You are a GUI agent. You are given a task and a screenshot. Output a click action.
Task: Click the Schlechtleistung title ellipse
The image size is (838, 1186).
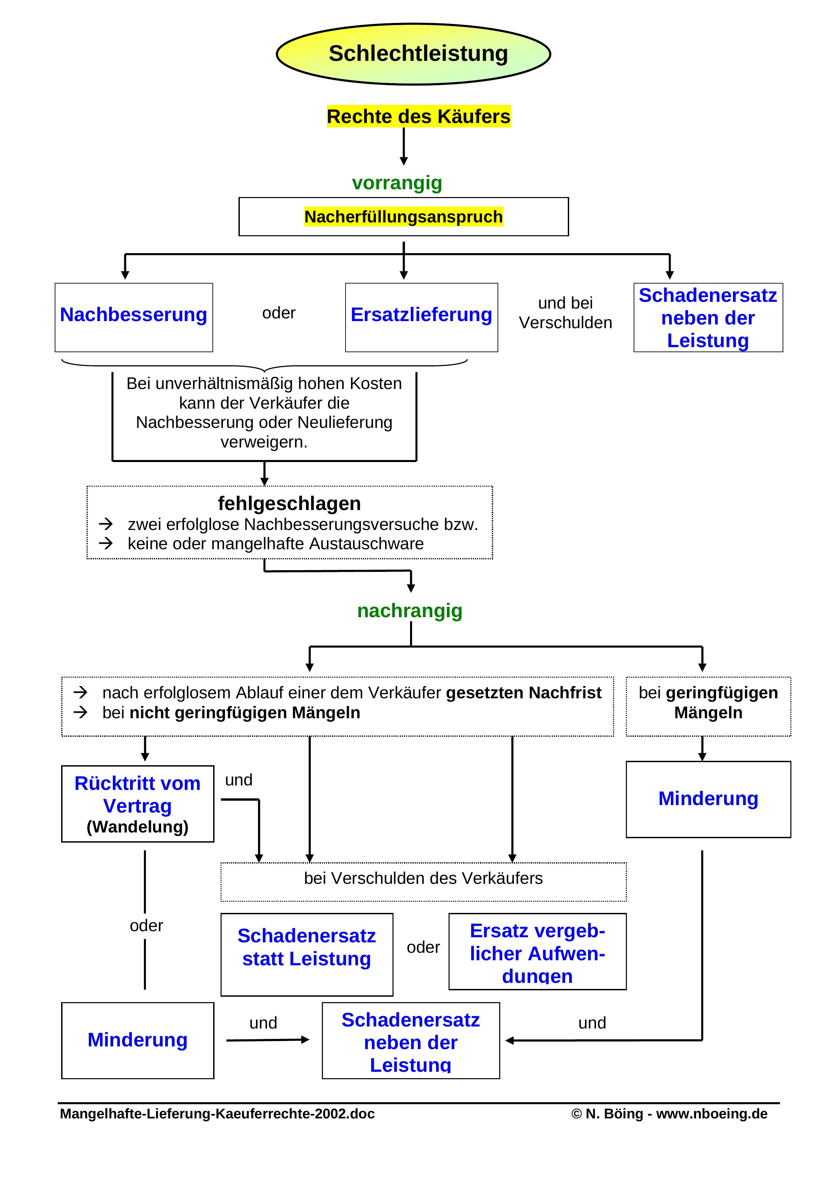pos(413,54)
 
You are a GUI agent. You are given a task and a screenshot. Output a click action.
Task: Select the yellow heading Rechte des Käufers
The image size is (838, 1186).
pos(418,116)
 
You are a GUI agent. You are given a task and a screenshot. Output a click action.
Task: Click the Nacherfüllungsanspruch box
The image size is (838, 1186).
pos(403,216)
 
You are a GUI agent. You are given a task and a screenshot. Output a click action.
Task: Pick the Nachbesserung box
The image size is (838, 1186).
pos(134,317)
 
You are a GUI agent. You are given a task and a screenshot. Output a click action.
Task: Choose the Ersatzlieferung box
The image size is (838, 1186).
pos(421,317)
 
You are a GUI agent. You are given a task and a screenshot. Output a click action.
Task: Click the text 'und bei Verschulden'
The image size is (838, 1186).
pos(565,313)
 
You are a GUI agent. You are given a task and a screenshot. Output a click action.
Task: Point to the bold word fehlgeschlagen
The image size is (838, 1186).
pos(289,503)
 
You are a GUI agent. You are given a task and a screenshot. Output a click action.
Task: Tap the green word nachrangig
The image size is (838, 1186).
pos(409,610)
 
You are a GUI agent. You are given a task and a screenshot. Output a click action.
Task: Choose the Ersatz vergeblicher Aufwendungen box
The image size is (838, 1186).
pos(537,951)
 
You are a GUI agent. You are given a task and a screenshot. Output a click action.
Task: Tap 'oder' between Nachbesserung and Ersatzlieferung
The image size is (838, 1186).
pos(279,313)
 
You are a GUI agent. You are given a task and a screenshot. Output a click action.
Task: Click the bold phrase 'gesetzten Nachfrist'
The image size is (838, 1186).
pos(524,693)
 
